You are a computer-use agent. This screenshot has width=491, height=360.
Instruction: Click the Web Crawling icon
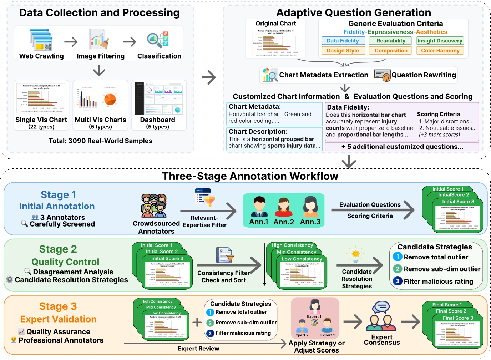click(x=41, y=40)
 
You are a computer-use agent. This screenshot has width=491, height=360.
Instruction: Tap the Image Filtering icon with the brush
click(x=99, y=39)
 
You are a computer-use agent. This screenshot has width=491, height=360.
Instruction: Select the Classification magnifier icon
click(x=157, y=40)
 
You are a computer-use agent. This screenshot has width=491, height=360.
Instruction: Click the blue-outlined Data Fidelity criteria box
click(x=343, y=41)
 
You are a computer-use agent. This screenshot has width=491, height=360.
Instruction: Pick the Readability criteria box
click(x=391, y=41)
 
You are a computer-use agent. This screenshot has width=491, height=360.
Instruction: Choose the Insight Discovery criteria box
click(x=440, y=41)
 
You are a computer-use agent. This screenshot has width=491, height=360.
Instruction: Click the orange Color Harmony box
click(x=440, y=51)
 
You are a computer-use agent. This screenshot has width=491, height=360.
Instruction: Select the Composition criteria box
click(x=391, y=51)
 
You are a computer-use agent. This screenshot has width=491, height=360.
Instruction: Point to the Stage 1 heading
click(x=58, y=195)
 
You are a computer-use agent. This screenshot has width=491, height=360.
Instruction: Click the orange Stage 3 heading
click(x=58, y=306)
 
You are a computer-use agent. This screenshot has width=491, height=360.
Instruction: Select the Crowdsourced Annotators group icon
click(x=154, y=206)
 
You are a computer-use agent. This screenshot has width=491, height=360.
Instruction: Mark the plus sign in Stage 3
click(x=197, y=323)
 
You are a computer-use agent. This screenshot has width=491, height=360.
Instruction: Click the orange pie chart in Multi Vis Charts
click(x=110, y=99)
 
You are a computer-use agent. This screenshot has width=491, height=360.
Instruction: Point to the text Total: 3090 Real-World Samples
click(x=100, y=141)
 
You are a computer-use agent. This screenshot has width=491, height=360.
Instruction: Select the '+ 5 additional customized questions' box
click(x=402, y=147)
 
